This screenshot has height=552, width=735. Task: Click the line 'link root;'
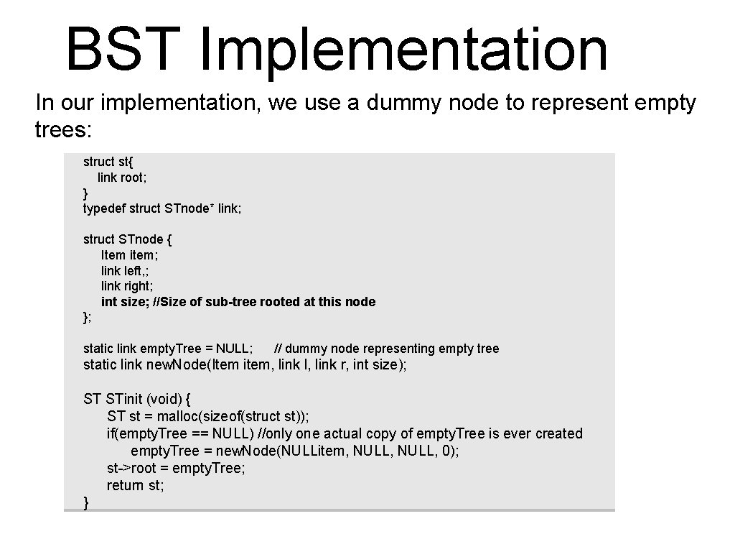[x=122, y=178]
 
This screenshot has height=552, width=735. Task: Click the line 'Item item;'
[x=129, y=255]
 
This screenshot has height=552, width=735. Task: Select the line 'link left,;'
[x=126, y=271]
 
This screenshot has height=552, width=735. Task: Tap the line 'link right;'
[x=127, y=286]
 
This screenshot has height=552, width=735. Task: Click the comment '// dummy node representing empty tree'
[x=387, y=349]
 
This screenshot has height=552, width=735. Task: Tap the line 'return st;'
[x=136, y=485]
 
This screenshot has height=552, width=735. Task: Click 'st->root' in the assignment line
[x=131, y=468]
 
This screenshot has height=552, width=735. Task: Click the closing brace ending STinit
[x=87, y=502]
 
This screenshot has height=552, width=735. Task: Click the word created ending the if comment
[x=559, y=434]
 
